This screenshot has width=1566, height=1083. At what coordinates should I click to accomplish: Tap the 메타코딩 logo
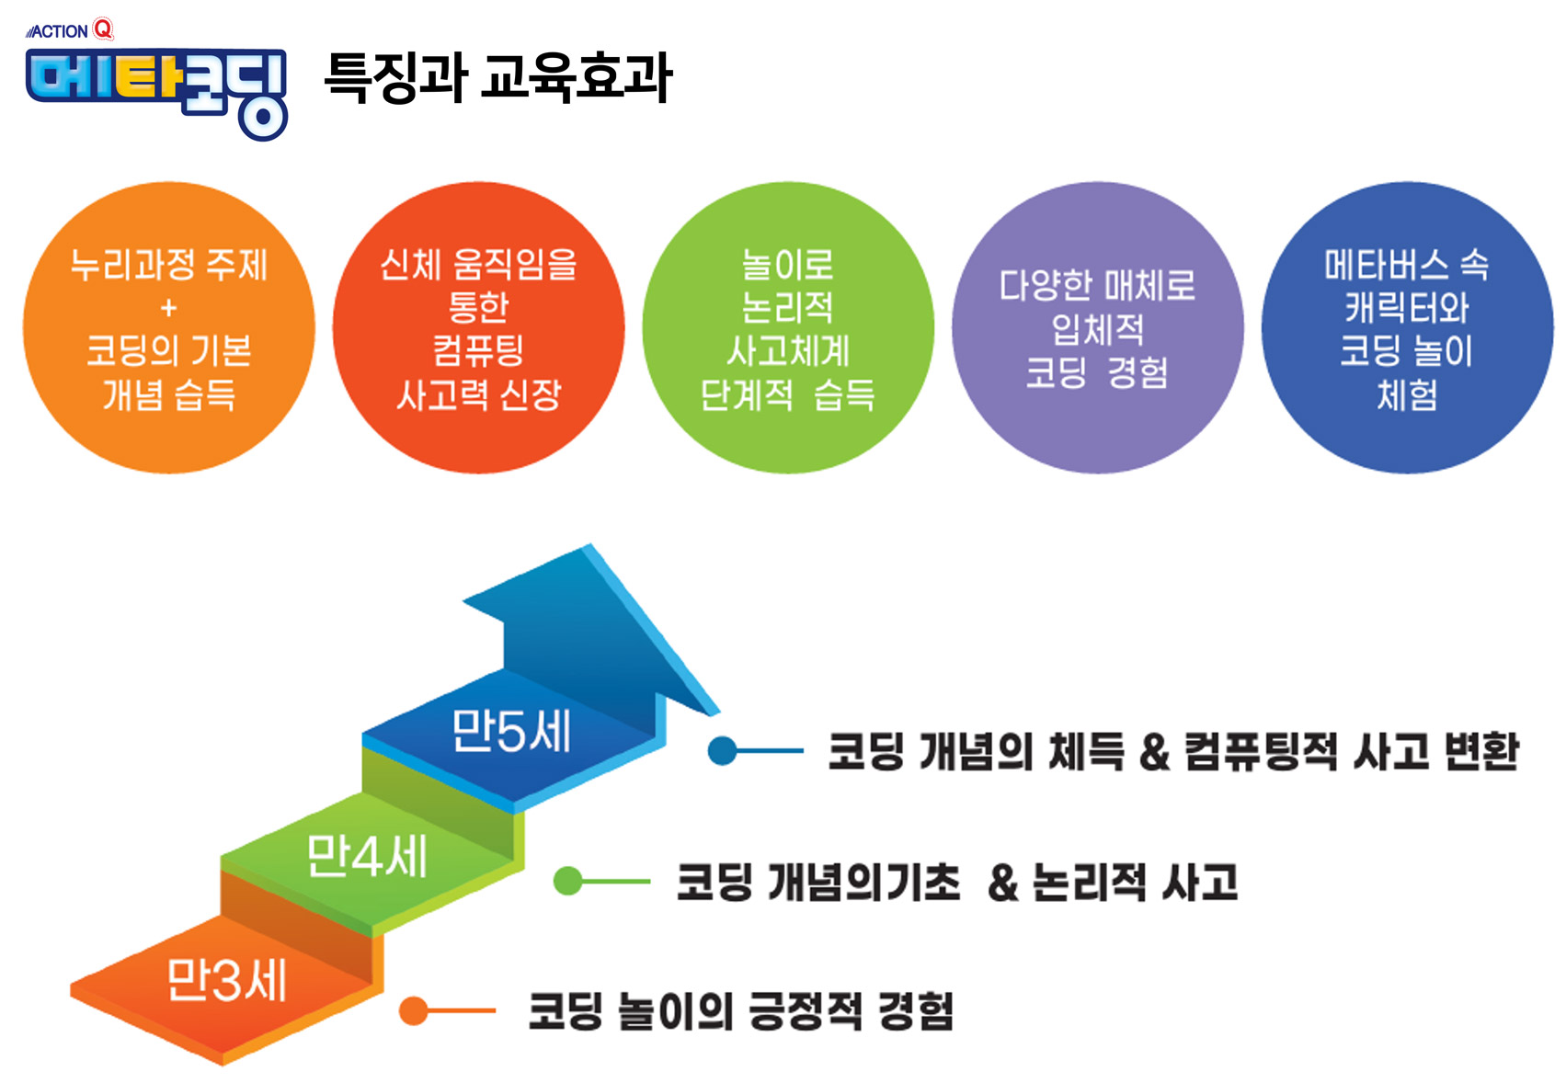coord(156,89)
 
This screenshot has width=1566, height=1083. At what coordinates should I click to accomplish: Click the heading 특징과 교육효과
coord(497,77)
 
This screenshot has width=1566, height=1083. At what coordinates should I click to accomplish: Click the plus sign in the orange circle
coord(168,308)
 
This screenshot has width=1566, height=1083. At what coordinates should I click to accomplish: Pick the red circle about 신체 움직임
coord(478,328)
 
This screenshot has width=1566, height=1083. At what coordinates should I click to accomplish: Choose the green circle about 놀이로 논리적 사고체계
coord(787,328)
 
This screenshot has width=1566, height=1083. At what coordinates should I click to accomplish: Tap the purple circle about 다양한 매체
coord(1097,328)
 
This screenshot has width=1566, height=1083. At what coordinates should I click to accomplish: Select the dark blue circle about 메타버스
coord(1406,328)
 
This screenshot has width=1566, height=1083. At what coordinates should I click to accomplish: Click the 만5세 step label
coord(511,733)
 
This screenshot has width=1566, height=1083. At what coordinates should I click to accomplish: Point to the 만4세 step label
coord(367,857)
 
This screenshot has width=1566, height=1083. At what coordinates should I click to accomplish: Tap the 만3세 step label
coord(226,980)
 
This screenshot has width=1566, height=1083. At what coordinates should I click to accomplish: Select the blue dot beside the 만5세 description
coord(723,751)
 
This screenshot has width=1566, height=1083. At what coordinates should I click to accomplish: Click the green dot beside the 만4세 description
coord(568,881)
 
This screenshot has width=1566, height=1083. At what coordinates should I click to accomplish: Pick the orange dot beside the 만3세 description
coord(414,1010)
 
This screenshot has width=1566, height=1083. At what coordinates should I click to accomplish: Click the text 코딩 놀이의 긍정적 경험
coord(740,1011)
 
